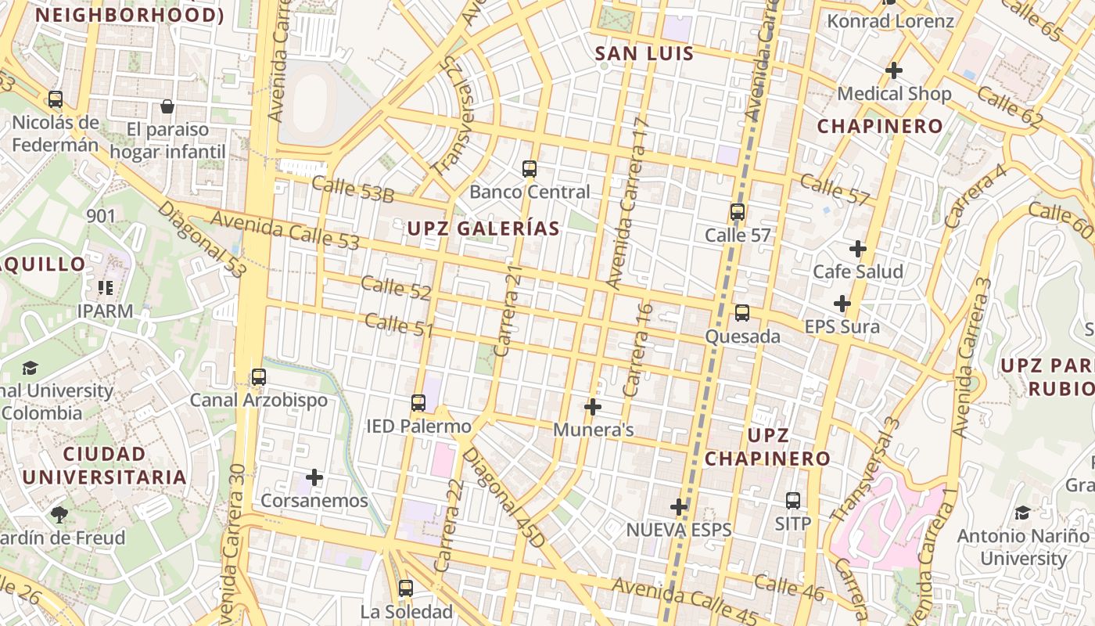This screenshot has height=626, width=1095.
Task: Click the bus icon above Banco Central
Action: [x=530, y=168]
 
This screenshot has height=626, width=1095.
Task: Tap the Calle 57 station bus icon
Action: [x=737, y=212]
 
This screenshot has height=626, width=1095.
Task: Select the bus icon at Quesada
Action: [x=741, y=313]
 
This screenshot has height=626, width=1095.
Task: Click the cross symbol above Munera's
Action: [x=593, y=407]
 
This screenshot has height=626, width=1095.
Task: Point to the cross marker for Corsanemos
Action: [x=314, y=477]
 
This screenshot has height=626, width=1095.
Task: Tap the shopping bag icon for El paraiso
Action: [x=167, y=106]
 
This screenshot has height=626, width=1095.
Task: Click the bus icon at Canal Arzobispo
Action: [x=258, y=377]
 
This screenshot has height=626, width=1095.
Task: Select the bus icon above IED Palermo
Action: [x=418, y=403]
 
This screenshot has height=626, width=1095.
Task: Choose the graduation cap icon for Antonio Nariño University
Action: [x=1022, y=513]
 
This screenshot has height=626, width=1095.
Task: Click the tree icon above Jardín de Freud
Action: [x=59, y=514]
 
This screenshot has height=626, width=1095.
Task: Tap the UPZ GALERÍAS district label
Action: [x=483, y=228]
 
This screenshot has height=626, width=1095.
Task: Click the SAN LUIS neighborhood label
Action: [x=644, y=53]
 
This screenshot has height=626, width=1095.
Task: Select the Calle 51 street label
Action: [x=398, y=325]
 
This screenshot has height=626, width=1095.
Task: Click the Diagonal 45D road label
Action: [x=502, y=497]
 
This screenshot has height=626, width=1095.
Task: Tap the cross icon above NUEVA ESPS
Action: [x=679, y=507]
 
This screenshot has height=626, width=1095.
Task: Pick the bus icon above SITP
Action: [x=793, y=500]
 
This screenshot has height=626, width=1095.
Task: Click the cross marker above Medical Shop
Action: [x=893, y=70]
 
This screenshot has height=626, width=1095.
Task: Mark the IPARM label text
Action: [x=105, y=311]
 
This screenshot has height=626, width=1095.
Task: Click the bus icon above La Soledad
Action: [x=405, y=588]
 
